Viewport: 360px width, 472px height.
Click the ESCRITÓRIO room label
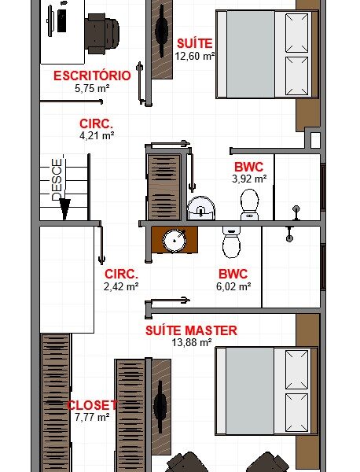[x=92, y=76]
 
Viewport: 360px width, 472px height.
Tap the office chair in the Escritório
[x=101, y=34]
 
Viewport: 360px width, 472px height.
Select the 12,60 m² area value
[x=195, y=56]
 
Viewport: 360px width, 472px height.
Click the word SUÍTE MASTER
[x=191, y=330]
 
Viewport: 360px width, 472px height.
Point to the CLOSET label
[x=92, y=405]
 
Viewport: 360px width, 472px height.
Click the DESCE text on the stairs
[x=57, y=179]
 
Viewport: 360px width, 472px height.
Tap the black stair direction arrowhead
[x=64, y=208]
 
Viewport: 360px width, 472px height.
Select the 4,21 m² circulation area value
[x=97, y=135]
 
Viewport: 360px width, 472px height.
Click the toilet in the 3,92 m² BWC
[x=250, y=205]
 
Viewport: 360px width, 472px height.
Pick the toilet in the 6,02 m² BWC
[x=231, y=242]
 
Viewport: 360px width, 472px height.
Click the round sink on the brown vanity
[x=174, y=241]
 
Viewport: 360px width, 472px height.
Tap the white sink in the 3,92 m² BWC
[x=201, y=208]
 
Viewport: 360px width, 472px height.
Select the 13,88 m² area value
[x=192, y=342]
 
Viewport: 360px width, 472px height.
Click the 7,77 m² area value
[x=92, y=417]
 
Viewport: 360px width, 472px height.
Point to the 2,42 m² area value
[x=121, y=286]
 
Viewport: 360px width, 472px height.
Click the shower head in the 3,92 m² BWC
[x=296, y=212]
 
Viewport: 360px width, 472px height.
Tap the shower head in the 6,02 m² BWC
[x=289, y=234]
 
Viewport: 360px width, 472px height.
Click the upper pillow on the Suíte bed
[x=296, y=33]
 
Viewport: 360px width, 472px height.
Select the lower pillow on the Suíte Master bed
[x=296, y=412]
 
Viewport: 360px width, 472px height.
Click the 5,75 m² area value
[x=92, y=88]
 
